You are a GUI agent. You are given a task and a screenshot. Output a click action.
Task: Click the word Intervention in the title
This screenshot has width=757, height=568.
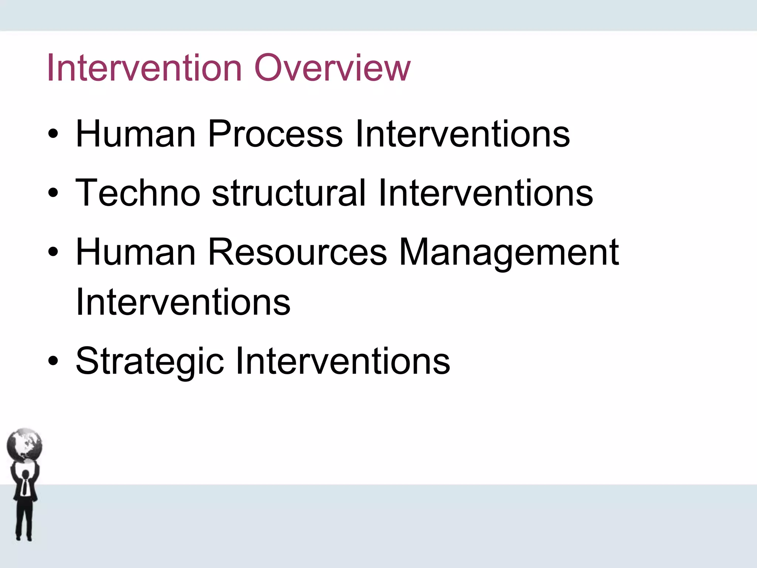[x=144, y=68]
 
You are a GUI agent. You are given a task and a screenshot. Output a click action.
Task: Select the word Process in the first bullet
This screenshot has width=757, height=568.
[x=275, y=134]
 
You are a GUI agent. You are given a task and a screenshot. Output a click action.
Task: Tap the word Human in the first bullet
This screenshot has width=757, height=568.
[x=135, y=134]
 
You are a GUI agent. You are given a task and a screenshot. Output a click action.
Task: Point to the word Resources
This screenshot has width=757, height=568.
[x=297, y=252]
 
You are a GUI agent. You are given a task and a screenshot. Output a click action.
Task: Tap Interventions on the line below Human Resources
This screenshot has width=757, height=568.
[x=183, y=302]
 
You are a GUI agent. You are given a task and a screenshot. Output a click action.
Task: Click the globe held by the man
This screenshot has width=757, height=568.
[x=24, y=445]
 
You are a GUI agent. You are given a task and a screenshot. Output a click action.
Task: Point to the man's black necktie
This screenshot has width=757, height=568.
[x=24, y=486]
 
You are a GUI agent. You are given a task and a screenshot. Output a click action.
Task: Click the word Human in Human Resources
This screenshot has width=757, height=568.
[x=135, y=252]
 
